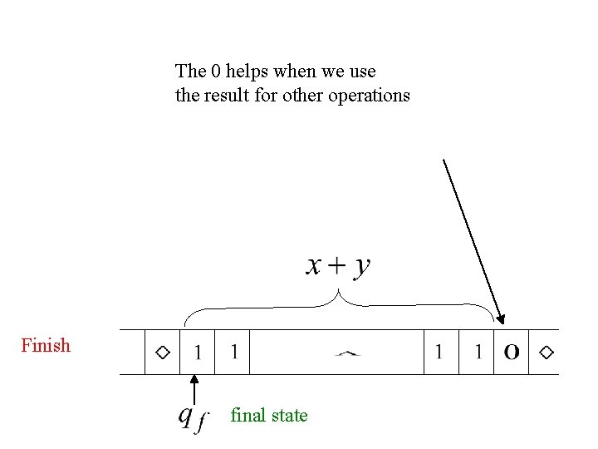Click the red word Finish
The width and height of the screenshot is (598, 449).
pos(46,345)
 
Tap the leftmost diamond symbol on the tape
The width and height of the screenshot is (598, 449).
pos(163,352)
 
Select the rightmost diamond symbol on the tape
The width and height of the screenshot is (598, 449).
pos(546,352)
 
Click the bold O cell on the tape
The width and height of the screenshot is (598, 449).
pos(512,352)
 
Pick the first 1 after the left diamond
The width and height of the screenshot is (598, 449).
pos(197,352)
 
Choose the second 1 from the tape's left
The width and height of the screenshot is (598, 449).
pos(234,352)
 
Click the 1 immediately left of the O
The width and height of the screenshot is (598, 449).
pos(478,352)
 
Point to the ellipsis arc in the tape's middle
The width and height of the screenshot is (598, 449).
pos(347,353)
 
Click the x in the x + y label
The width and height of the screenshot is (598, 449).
pos(314,265)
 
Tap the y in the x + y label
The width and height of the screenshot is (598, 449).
pos(362,267)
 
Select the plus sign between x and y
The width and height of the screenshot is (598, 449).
pos(338,265)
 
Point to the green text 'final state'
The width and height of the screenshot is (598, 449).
pos(269,415)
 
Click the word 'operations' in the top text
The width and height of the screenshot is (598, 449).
pos(369,95)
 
